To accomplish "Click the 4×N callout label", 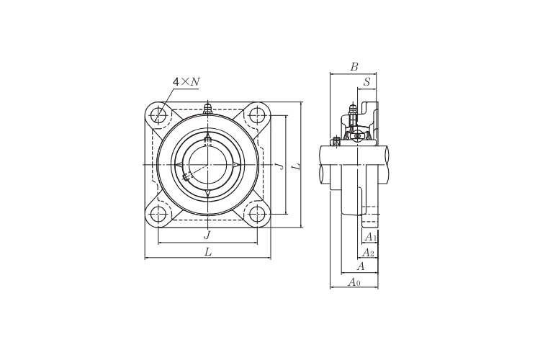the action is [186, 81].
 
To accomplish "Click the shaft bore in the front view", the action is [207, 165].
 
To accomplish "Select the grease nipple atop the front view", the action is [207, 109].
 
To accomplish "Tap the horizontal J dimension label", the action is [207, 235].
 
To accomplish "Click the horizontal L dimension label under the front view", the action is [207, 252].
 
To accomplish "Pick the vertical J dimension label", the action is [280, 166].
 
